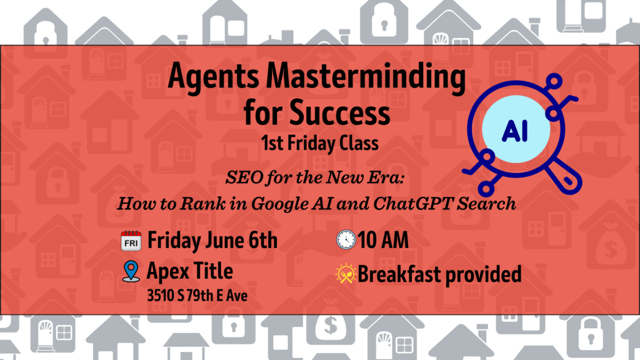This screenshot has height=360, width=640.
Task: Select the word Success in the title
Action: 339,112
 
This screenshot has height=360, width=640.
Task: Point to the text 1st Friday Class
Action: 320,143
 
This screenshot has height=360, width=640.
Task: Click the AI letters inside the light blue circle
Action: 515,131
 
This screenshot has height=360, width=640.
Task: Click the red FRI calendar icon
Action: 131,241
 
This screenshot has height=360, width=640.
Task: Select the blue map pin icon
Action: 131,271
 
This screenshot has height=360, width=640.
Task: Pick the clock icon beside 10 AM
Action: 346,239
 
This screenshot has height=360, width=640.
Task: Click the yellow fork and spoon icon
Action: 346,274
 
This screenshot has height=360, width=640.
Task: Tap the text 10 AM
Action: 383,240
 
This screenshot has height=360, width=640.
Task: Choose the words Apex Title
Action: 190,271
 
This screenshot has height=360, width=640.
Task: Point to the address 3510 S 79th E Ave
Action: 197,296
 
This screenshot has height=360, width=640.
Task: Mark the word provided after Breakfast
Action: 483,275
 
